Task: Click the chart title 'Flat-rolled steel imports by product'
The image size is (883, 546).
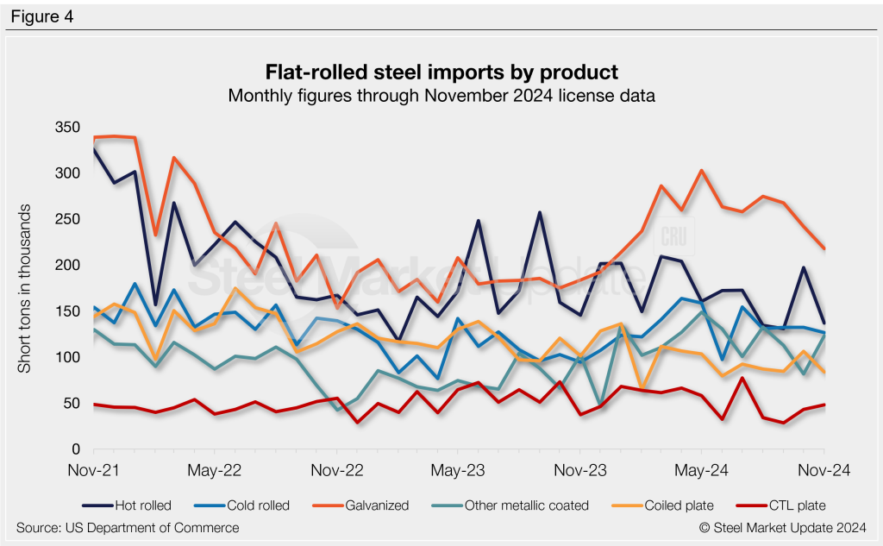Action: click(441, 70)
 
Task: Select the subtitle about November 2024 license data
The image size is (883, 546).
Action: click(441, 96)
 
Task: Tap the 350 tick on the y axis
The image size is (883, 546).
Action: click(67, 128)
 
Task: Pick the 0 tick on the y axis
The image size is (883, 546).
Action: click(74, 450)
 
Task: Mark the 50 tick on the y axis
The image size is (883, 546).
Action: click(71, 404)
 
